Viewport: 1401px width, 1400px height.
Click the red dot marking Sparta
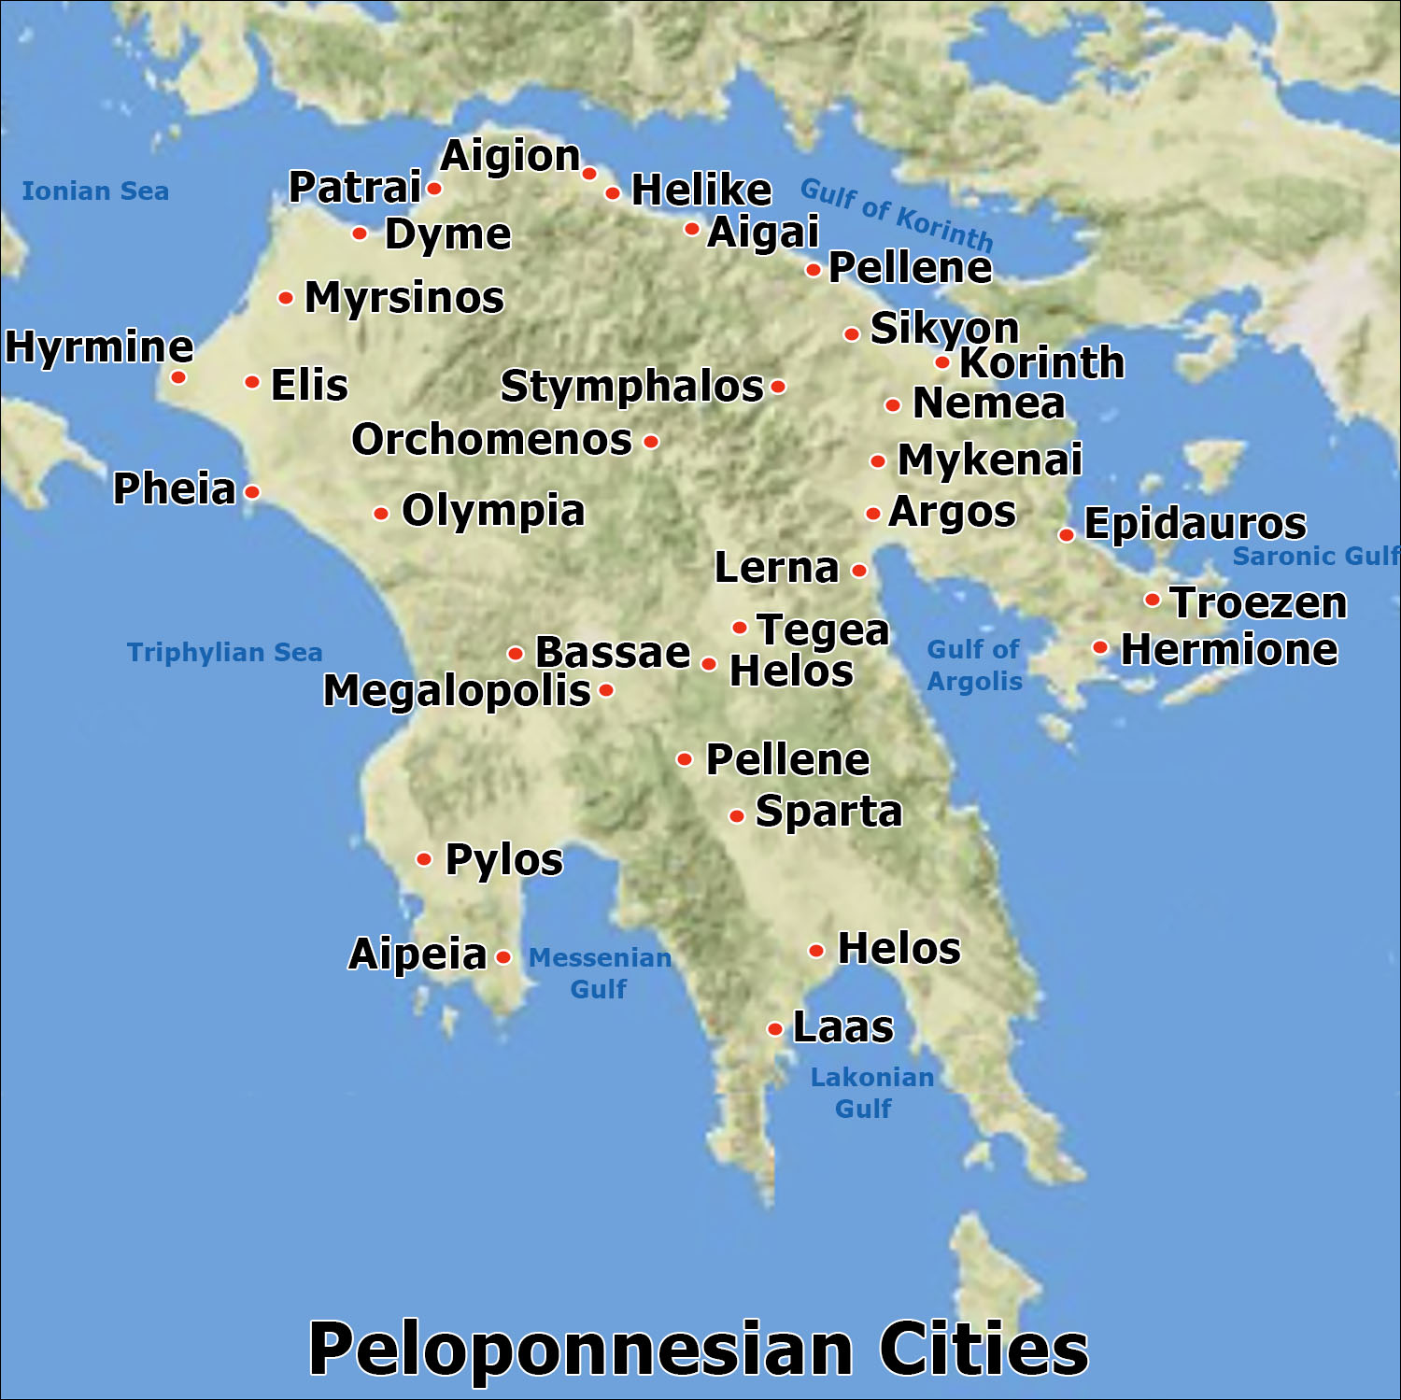point(737,816)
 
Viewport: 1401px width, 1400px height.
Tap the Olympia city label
point(493,511)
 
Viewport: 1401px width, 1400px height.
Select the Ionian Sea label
point(95,191)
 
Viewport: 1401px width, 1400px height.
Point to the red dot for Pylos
point(424,859)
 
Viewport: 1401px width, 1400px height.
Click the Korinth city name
point(1041,362)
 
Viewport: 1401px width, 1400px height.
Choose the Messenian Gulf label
point(600,972)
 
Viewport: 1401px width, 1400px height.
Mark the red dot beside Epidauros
point(1066,535)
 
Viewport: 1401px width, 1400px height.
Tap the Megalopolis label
point(457,691)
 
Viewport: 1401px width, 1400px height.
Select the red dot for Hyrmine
point(177,378)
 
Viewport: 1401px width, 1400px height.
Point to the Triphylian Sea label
point(224,652)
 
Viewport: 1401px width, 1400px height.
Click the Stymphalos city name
point(631,387)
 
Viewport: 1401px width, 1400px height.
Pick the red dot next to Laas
point(775,1029)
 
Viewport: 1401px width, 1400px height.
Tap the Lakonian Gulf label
point(870,1092)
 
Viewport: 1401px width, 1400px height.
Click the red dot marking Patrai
point(434,189)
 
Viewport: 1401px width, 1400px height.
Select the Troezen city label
point(1259,602)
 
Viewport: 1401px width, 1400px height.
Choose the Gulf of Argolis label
point(974,665)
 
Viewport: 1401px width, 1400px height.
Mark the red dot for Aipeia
point(504,957)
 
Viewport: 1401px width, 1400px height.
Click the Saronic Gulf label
point(1315,556)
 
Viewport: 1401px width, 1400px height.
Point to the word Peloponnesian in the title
point(581,1349)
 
